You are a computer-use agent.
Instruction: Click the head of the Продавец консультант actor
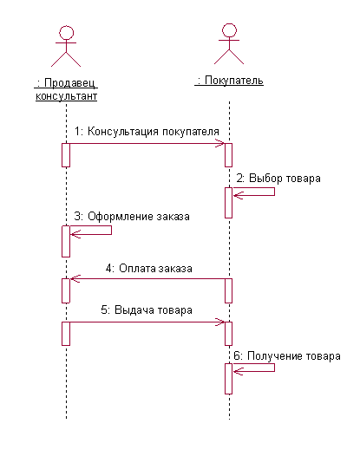[66, 33]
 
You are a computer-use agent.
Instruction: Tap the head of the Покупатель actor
[229, 30]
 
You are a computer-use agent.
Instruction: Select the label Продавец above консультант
[69, 83]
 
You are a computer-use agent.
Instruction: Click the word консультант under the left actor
[67, 96]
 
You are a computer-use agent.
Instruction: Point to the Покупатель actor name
[234, 81]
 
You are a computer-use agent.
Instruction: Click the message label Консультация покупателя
[154, 132]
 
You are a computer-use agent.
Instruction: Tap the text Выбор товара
[285, 179]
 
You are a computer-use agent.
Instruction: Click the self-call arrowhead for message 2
[238, 196]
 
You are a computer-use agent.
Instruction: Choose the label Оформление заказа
[139, 216]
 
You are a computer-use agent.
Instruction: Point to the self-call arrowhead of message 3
[75, 234]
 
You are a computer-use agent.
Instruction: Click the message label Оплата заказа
[155, 268]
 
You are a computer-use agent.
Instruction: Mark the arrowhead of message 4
[75, 279]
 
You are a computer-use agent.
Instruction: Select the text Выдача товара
[154, 310]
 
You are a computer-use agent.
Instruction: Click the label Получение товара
[294, 356]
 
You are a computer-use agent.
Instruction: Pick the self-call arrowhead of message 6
[238, 372]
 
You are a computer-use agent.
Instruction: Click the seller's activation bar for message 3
[66, 241]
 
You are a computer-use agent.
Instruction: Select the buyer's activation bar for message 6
[228, 379]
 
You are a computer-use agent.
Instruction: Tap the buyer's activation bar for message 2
[228, 203]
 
